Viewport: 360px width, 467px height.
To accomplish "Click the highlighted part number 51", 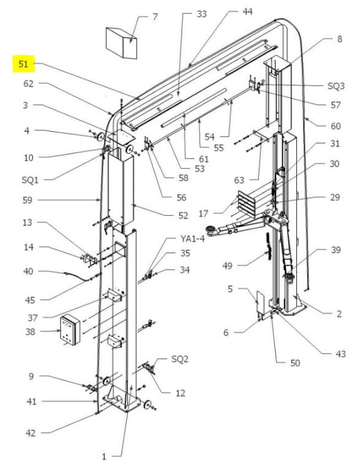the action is pyautogui.click(x=23, y=64).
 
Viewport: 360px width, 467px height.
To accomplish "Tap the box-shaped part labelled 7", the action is pyautogui.click(x=121, y=43).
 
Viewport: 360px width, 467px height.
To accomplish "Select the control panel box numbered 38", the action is pyautogui.click(x=70, y=330).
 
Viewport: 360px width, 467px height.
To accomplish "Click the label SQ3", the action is pyautogui.click(x=336, y=86).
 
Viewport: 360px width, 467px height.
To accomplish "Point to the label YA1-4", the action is pyautogui.click(x=192, y=238).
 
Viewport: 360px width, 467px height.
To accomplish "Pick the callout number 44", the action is pyautogui.click(x=247, y=12).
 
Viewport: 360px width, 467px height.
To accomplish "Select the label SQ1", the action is pyautogui.click(x=30, y=180).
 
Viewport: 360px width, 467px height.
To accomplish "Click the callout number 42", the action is pyautogui.click(x=31, y=433).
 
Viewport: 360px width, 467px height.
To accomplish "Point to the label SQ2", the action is pyautogui.click(x=180, y=359).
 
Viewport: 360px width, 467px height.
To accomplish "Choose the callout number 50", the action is pyautogui.click(x=295, y=363).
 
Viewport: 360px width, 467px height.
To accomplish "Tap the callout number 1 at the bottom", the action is pyautogui.click(x=104, y=457).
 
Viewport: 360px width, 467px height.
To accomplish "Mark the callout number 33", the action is pyautogui.click(x=201, y=14).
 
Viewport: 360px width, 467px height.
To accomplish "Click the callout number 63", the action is pyautogui.click(x=239, y=180).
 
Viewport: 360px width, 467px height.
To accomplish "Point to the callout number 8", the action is pyautogui.click(x=339, y=39).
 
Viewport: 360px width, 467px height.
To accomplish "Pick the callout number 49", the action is pyautogui.click(x=227, y=265).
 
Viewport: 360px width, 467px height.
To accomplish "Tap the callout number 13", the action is pyautogui.click(x=28, y=222).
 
